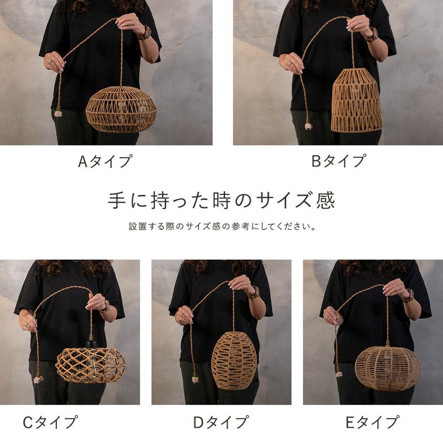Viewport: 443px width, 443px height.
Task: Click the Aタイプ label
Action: pyautogui.click(x=105, y=161)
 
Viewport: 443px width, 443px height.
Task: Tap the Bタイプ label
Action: pyautogui.click(x=338, y=161)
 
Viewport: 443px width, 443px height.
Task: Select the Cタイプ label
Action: pyautogui.click(x=50, y=422)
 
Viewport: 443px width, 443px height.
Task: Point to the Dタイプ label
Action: pyautogui.click(x=221, y=422)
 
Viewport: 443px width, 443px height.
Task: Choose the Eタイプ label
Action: pyautogui.click(x=372, y=422)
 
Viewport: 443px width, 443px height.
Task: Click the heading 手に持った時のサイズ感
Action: pyautogui.click(x=221, y=200)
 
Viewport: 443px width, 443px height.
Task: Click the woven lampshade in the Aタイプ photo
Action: pyautogui.click(x=121, y=110)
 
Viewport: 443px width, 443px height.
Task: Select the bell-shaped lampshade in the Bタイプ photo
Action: pyautogui.click(x=356, y=100)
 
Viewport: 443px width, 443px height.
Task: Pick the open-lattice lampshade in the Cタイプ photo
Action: pyautogui.click(x=91, y=365)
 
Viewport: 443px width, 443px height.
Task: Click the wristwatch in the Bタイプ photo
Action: pyautogui.click(x=372, y=35)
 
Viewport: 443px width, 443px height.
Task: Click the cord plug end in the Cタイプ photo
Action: pyautogui.click(x=38, y=379)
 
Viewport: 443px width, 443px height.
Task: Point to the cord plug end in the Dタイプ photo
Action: pyautogui.click(x=195, y=379)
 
